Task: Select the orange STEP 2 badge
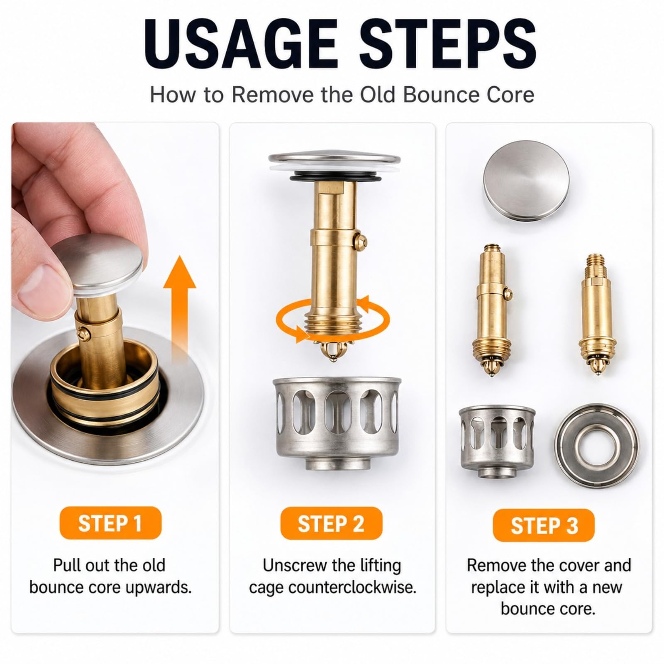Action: [331, 523]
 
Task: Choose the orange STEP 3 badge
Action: [544, 525]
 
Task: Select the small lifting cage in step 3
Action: [497, 442]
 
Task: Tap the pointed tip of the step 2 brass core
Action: [332, 358]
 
